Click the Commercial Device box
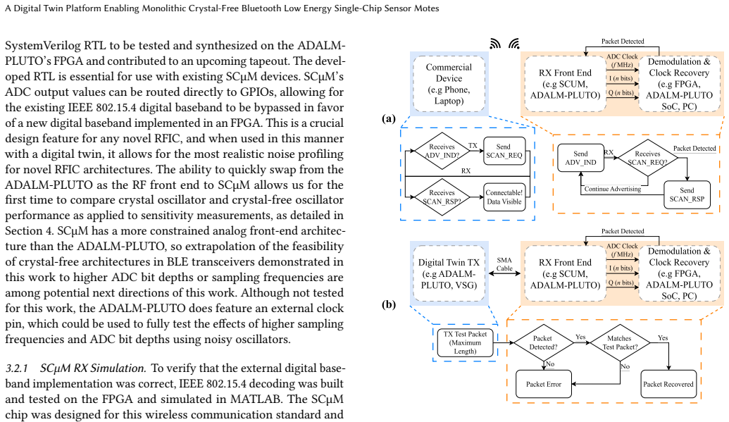point(449,84)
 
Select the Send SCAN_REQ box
point(504,151)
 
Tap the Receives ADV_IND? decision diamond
point(442,151)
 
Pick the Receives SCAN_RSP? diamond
point(442,197)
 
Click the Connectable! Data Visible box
point(504,197)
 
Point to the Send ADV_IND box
point(580,158)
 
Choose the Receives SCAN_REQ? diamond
point(647,158)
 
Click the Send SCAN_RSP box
point(687,194)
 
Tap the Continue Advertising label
point(613,189)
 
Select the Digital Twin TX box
point(449,273)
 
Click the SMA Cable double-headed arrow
point(504,273)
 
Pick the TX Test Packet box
point(465,342)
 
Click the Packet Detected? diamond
point(543,342)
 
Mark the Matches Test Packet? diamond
point(620,342)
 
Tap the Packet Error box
point(544,384)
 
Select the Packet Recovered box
point(668,384)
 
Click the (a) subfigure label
point(389,118)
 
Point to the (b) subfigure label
point(389,304)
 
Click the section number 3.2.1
point(17,368)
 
